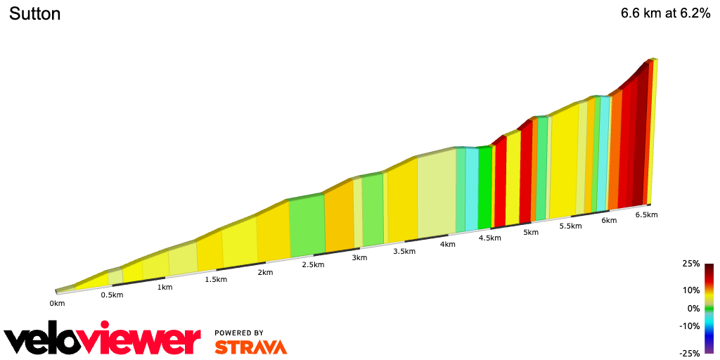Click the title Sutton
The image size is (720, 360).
34,13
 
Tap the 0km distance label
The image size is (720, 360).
57,303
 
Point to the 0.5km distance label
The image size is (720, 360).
112,295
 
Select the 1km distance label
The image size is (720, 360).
165,287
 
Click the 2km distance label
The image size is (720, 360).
265,272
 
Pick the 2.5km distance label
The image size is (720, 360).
313,264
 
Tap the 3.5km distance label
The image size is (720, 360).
404,251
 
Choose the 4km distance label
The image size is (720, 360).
447,244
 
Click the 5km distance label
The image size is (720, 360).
531,232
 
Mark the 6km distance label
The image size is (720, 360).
609,220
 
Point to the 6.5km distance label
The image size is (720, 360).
646,214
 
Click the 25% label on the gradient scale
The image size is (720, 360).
691,264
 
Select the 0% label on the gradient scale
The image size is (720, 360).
693,308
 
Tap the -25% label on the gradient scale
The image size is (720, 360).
690,353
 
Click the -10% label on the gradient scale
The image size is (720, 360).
690,326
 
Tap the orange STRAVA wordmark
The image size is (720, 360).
250,347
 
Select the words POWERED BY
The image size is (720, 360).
239,333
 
